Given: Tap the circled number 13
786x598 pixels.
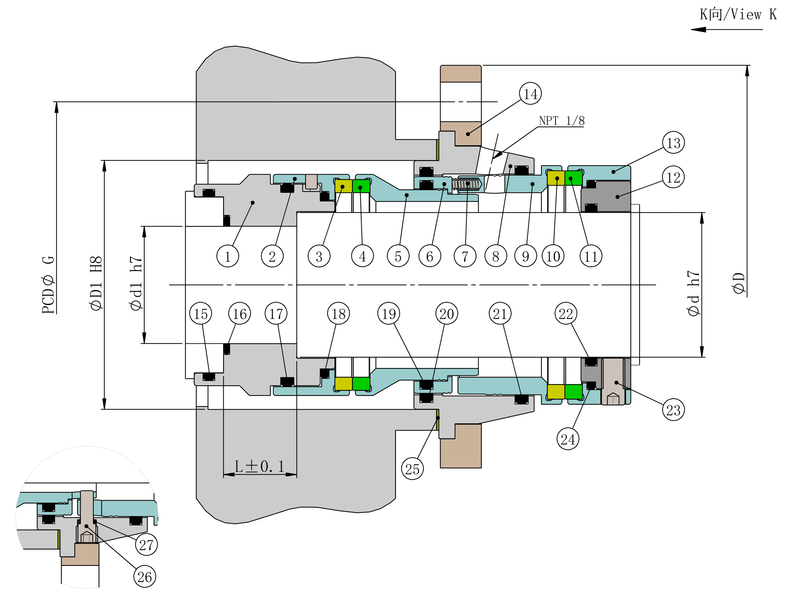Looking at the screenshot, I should (x=673, y=143).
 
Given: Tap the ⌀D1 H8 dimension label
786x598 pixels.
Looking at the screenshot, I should (x=96, y=283).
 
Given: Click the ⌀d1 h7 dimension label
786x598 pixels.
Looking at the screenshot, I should (x=136, y=283).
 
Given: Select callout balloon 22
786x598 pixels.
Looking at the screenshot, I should (x=566, y=314).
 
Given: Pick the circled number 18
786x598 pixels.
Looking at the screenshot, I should (x=338, y=314).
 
